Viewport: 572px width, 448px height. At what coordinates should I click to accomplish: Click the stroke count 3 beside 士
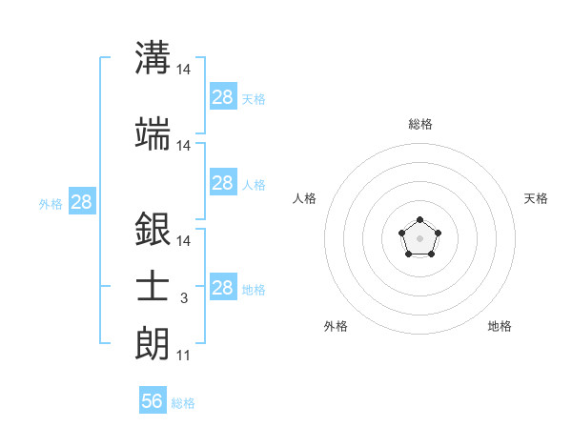pos(183,298)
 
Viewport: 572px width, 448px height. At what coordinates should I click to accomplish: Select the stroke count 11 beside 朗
pos(183,356)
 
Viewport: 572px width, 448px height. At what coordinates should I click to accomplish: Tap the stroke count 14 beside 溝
pos(184,70)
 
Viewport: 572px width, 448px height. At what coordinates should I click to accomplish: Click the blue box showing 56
pos(153,401)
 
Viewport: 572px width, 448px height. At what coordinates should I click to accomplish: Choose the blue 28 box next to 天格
pos(222,96)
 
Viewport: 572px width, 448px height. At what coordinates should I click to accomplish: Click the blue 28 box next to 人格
pos(222,183)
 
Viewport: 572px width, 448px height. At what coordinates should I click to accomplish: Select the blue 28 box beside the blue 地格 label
pos(222,288)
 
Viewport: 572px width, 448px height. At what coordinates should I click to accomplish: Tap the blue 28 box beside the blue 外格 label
pos(82,202)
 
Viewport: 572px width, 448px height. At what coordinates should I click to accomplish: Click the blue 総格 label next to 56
pos(183,403)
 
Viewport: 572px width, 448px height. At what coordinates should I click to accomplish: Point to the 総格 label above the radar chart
pos(419,124)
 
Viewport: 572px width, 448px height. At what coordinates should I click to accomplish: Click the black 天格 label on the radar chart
pos(536,198)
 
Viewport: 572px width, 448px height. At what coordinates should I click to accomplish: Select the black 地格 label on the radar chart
pos(500,326)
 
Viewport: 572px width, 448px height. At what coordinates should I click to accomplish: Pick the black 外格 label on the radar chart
pos(336,326)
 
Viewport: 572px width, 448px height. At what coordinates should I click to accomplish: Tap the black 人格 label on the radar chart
pos(305,198)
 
